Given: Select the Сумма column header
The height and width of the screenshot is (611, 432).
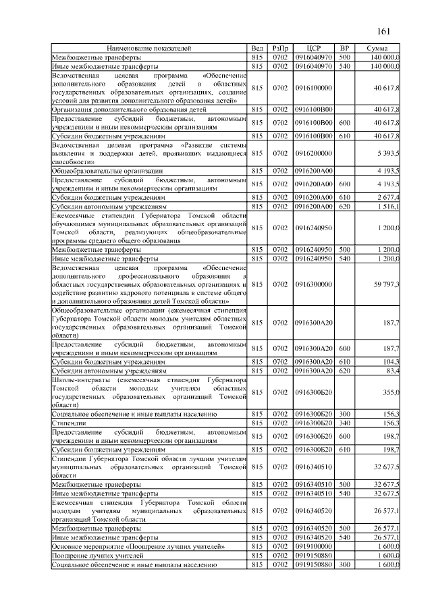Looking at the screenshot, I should coord(377,49).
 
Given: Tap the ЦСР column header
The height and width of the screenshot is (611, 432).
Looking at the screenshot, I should coord(312,49).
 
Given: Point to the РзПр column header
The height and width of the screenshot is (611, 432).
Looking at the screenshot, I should coord(280,49).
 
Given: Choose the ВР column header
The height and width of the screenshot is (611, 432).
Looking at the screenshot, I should coord(344,49).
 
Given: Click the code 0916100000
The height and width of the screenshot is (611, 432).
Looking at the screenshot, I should coord(313,88).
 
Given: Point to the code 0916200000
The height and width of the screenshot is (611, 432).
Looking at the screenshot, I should coord(313,153).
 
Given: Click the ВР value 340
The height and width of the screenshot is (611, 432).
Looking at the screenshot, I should coord(344,423).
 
